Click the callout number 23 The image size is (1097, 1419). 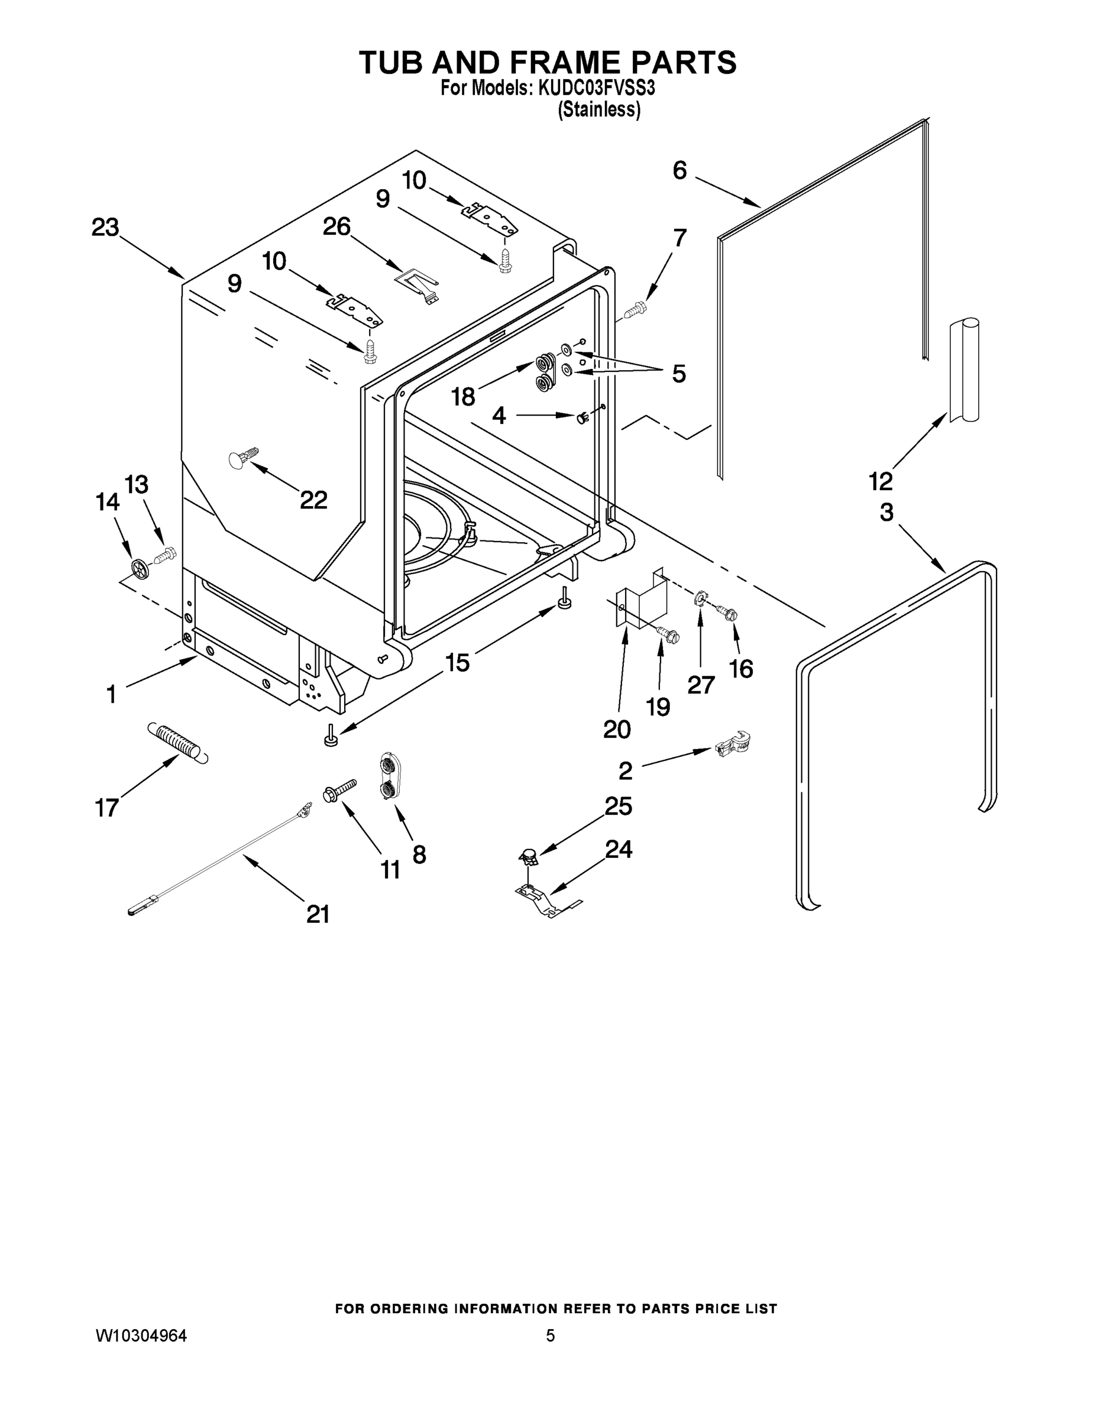105,228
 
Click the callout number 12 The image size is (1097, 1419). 881,481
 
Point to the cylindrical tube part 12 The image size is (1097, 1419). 964,370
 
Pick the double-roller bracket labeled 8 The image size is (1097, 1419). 389,777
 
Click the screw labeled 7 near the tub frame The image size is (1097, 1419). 636,310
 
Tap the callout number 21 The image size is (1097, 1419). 318,914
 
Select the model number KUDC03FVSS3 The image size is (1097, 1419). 597,88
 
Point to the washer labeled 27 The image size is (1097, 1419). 701,597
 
